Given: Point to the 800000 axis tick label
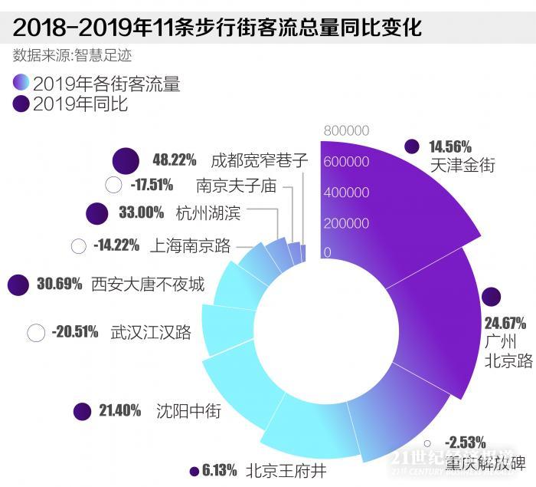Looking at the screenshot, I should click(x=346, y=130).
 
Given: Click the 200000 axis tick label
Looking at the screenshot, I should click(x=346, y=223).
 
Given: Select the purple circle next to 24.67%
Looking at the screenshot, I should click(x=490, y=298).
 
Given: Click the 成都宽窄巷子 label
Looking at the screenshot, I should click(x=260, y=160).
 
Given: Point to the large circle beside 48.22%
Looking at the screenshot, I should click(x=126, y=161).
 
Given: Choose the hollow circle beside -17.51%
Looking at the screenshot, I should click(x=113, y=185).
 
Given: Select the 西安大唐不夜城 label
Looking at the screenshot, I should click(x=148, y=285).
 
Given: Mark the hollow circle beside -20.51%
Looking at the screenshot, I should click(x=36, y=333).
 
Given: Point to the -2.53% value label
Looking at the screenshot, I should click(x=465, y=442).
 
